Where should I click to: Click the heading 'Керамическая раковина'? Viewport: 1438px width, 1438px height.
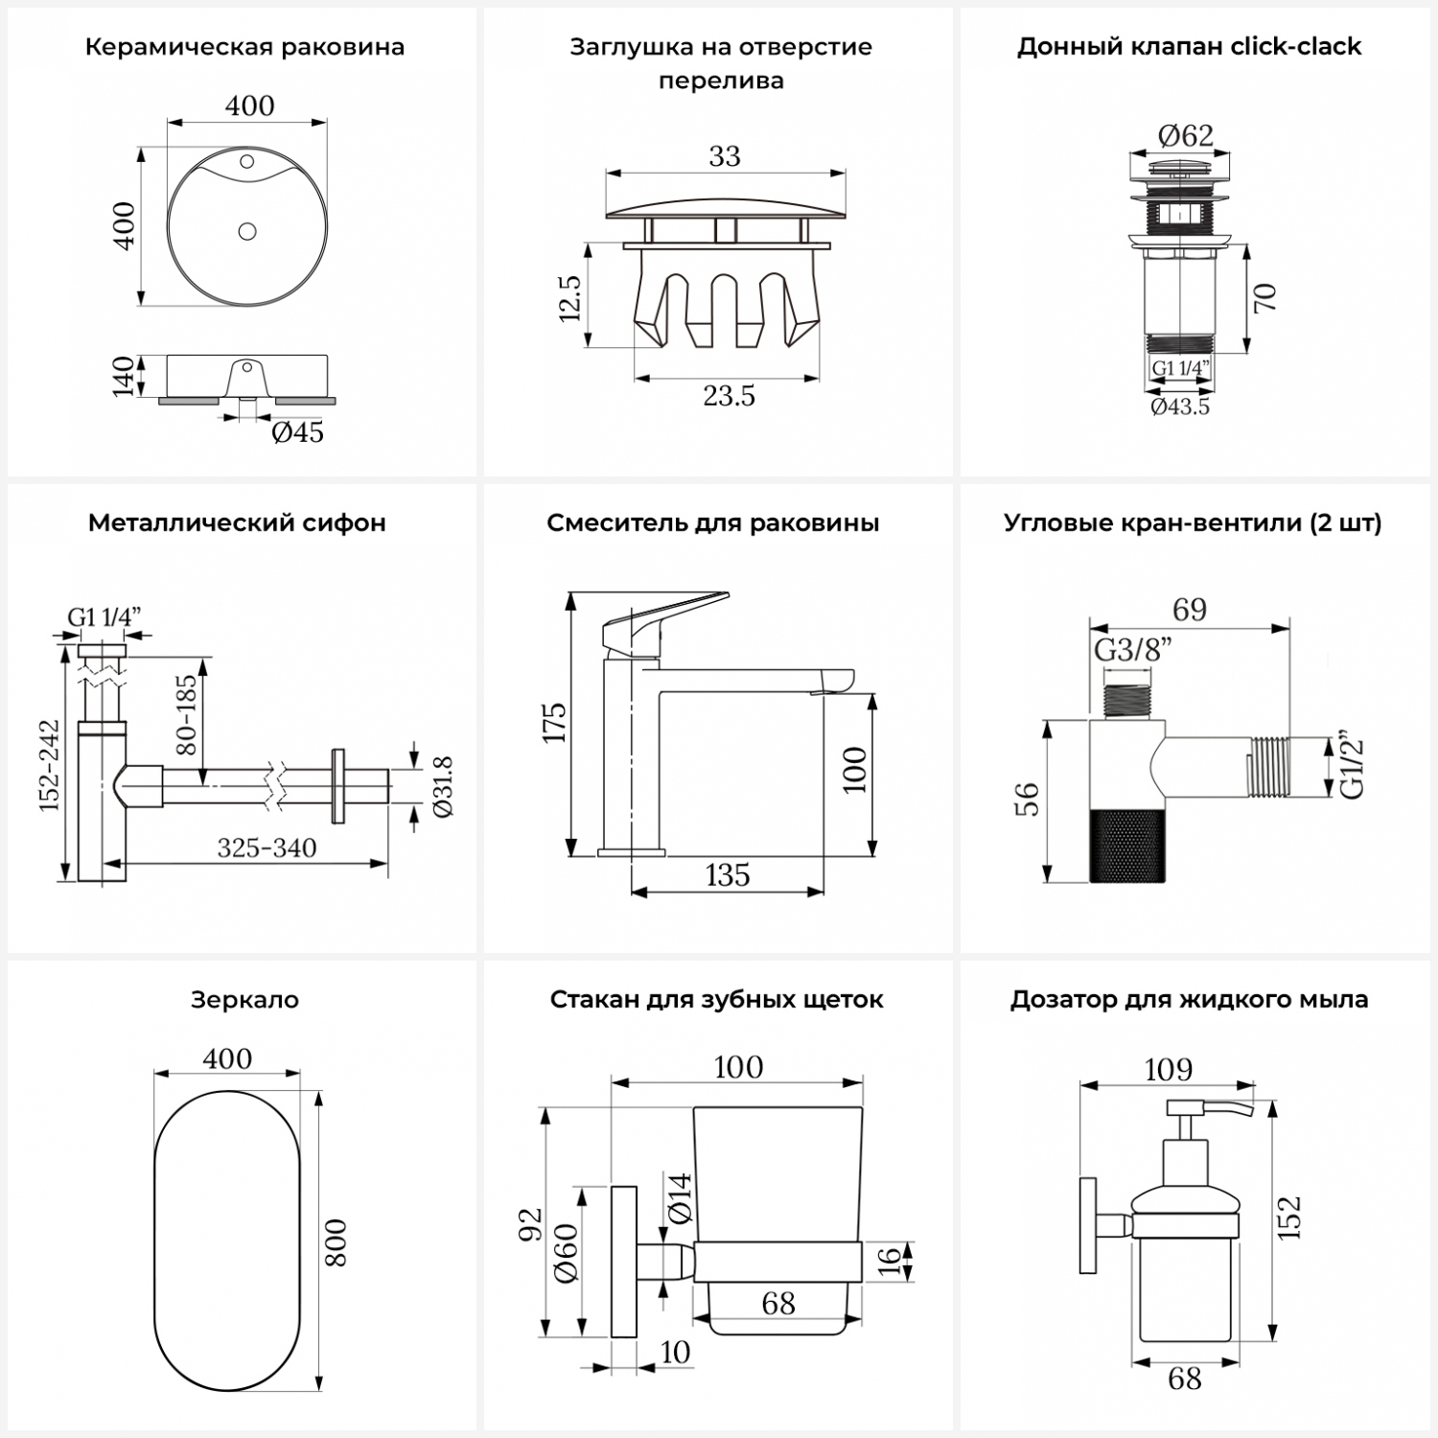click(244, 47)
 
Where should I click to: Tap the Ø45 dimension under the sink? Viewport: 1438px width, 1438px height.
click(297, 432)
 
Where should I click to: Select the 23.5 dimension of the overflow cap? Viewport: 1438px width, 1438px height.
click(729, 395)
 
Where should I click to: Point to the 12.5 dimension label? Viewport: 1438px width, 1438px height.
click(569, 297)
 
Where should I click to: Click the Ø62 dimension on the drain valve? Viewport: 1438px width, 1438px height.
click(1185, 135)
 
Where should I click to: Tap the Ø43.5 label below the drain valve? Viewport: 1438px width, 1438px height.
click(1180, 406)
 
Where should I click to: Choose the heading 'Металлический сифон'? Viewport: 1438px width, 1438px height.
click(237, 523)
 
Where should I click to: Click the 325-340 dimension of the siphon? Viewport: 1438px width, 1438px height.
click(267, 847)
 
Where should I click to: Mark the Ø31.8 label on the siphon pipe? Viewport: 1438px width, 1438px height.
click(444, 786)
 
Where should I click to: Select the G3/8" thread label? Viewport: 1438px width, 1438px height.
click(1133, 651)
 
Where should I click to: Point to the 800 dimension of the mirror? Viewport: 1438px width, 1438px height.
click(336, 1242)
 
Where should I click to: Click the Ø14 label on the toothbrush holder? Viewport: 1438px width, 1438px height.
click(679, 1197)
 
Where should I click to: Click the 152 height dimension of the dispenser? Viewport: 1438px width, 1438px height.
click(1290, 1218)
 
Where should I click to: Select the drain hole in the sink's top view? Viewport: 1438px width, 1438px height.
click(247, 231)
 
